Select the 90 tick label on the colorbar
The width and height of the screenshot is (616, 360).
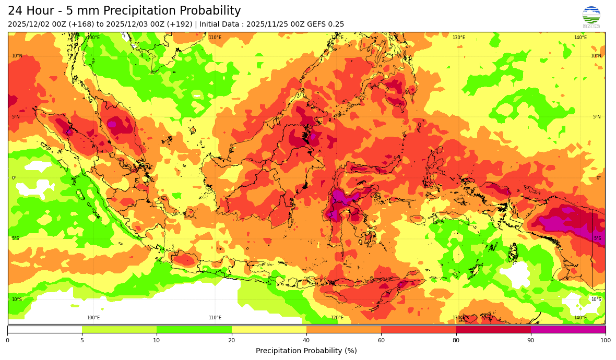tap(530, 341)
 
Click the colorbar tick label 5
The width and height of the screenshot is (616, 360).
tap(82, 341)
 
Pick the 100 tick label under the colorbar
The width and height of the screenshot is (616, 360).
tap(605, 341)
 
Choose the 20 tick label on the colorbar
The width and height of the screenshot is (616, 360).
tap(231, 341)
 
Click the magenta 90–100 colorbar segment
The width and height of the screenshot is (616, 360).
tap(568, 329)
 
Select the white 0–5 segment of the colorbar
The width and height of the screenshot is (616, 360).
tap(45, 329)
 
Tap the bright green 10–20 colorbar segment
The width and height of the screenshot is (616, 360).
tap(194, 329)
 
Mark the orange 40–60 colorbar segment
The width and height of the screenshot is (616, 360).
tap(343, 329)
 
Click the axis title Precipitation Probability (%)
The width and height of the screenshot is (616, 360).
tap(306, 351)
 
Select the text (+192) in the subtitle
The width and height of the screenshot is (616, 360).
tap(181, 24)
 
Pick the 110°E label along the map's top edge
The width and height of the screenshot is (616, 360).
tap(215, 38)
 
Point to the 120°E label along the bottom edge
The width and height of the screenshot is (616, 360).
tap(337, 318)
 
